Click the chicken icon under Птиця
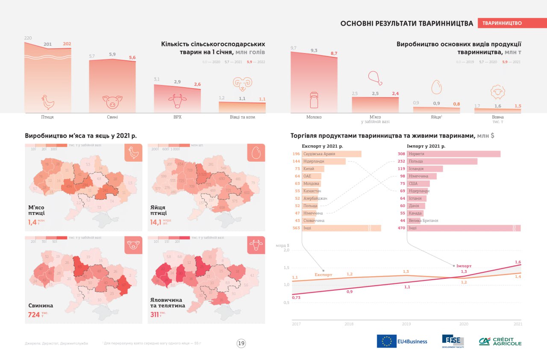[x=48, y=102]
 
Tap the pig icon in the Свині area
[x=112, y=102]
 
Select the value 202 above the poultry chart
[x=68, y=44]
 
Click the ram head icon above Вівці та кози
[x=242, y=83]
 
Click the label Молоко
[x=314, y=117]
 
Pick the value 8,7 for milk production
[x=334, y=53]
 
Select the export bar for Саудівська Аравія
[x=332, y=154]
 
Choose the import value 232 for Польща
[x=401, y=161]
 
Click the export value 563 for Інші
[x=296, y=228]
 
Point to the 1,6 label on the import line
[x=518, y=262]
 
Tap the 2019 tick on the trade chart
[x=406, y=324]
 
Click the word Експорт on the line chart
[x=323, y=274]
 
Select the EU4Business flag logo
[x=386, y=341]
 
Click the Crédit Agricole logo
[x=500, y=341]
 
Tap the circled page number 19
[x=241, y=343]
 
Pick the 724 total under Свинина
[x=34, y=315]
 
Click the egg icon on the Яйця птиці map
[x=256, y=153]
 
